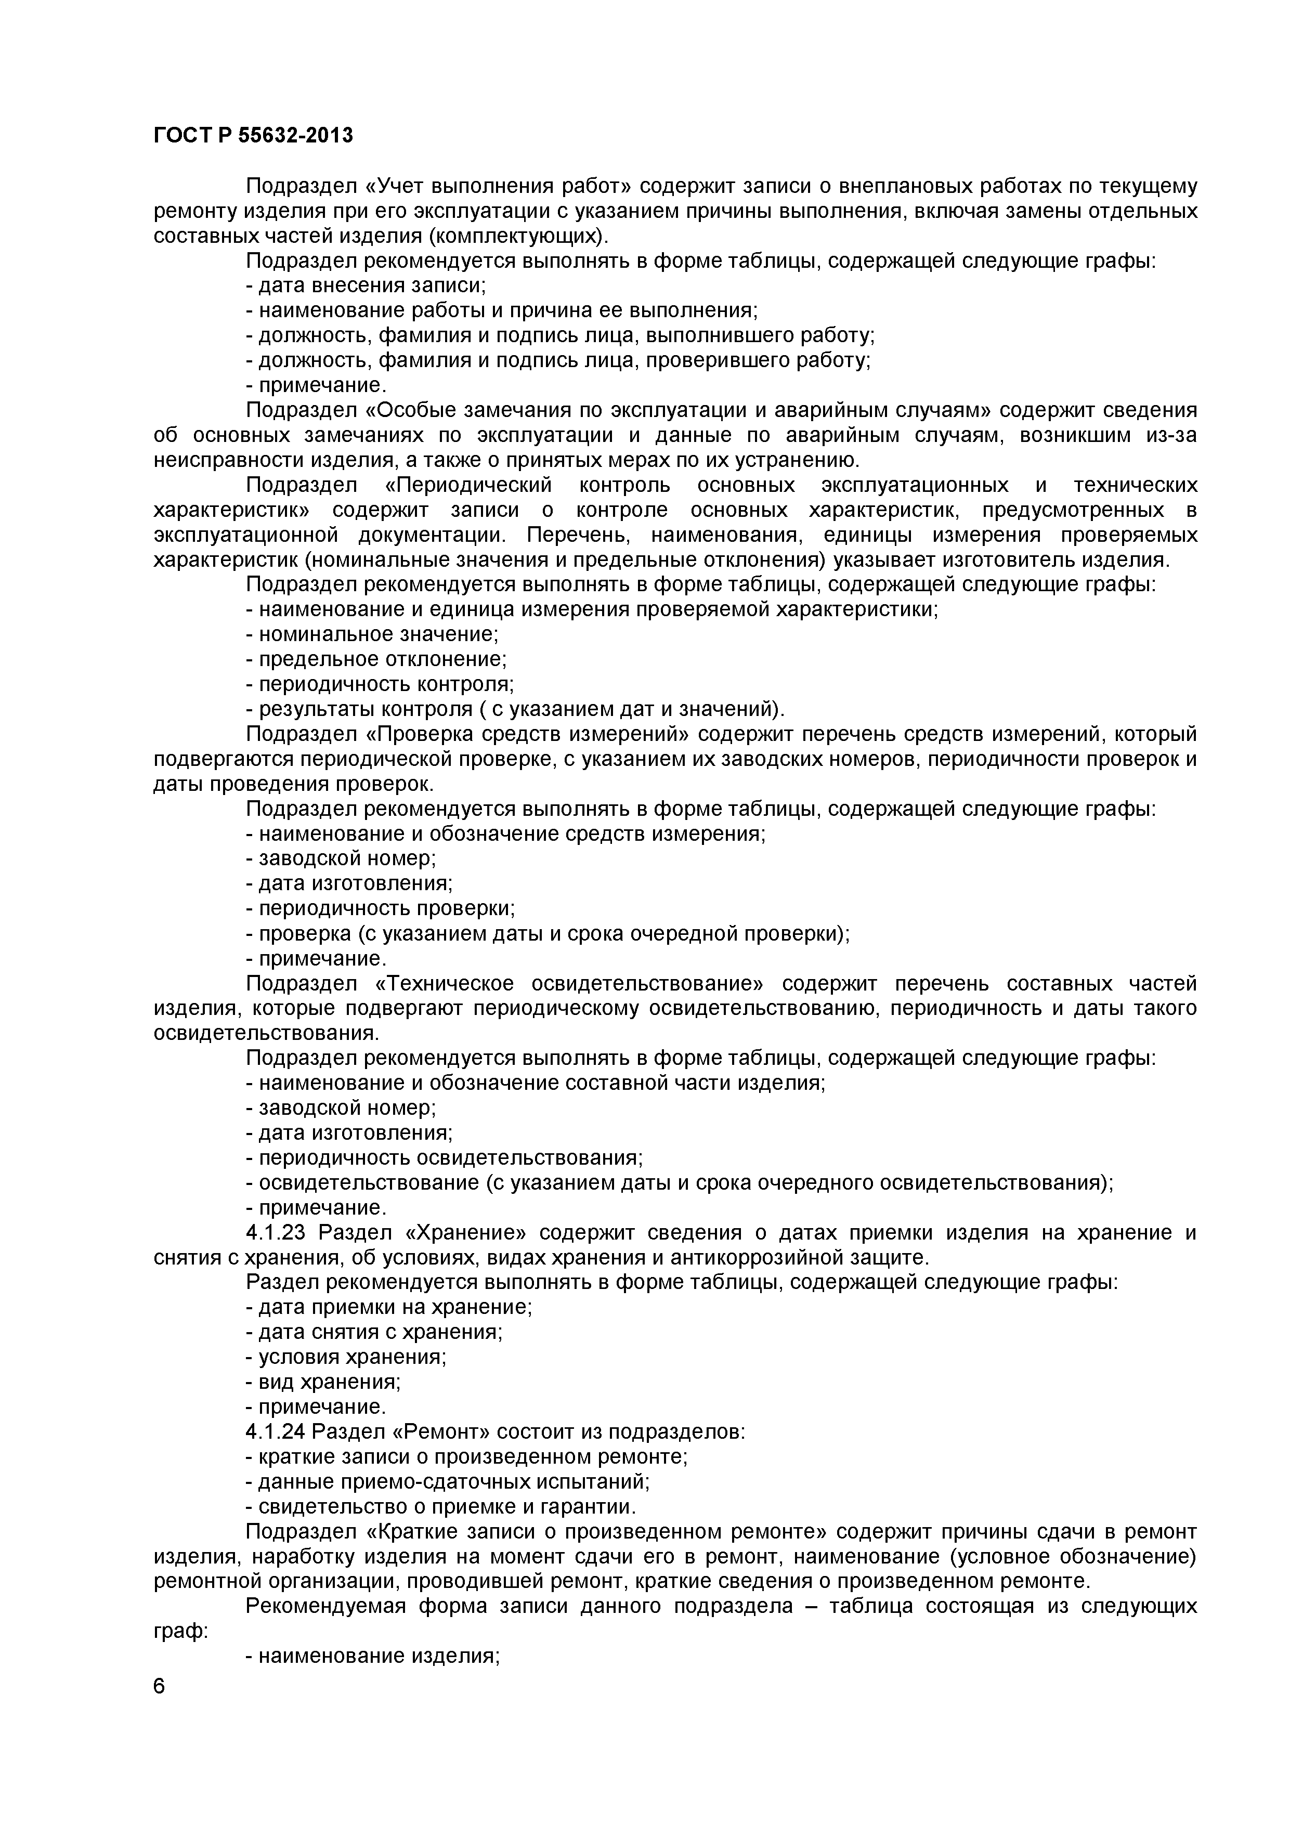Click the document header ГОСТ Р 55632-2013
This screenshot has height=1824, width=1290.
tap(253, 136)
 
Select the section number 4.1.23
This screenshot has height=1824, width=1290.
tap(278, 1233)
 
